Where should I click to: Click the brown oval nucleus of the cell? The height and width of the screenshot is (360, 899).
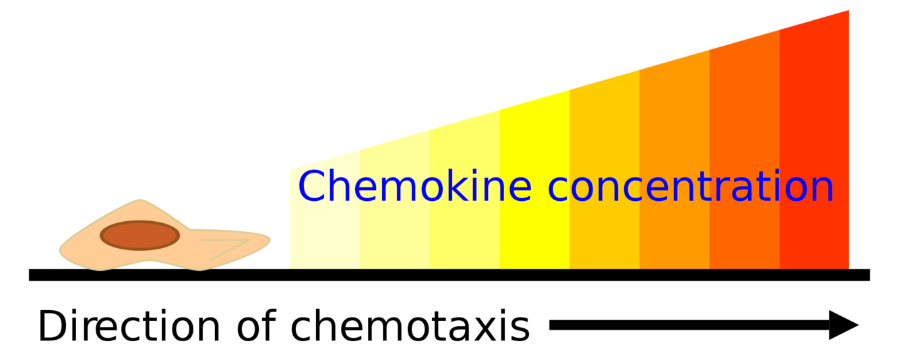tap(140, 235)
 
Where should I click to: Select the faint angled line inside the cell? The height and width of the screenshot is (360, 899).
tap(229, 247)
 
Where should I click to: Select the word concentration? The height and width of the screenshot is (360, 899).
tap(691, 186)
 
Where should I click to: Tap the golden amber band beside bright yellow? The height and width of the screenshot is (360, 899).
tap(604, 229)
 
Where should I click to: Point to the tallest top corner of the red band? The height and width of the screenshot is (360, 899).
tap(848, 11)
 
